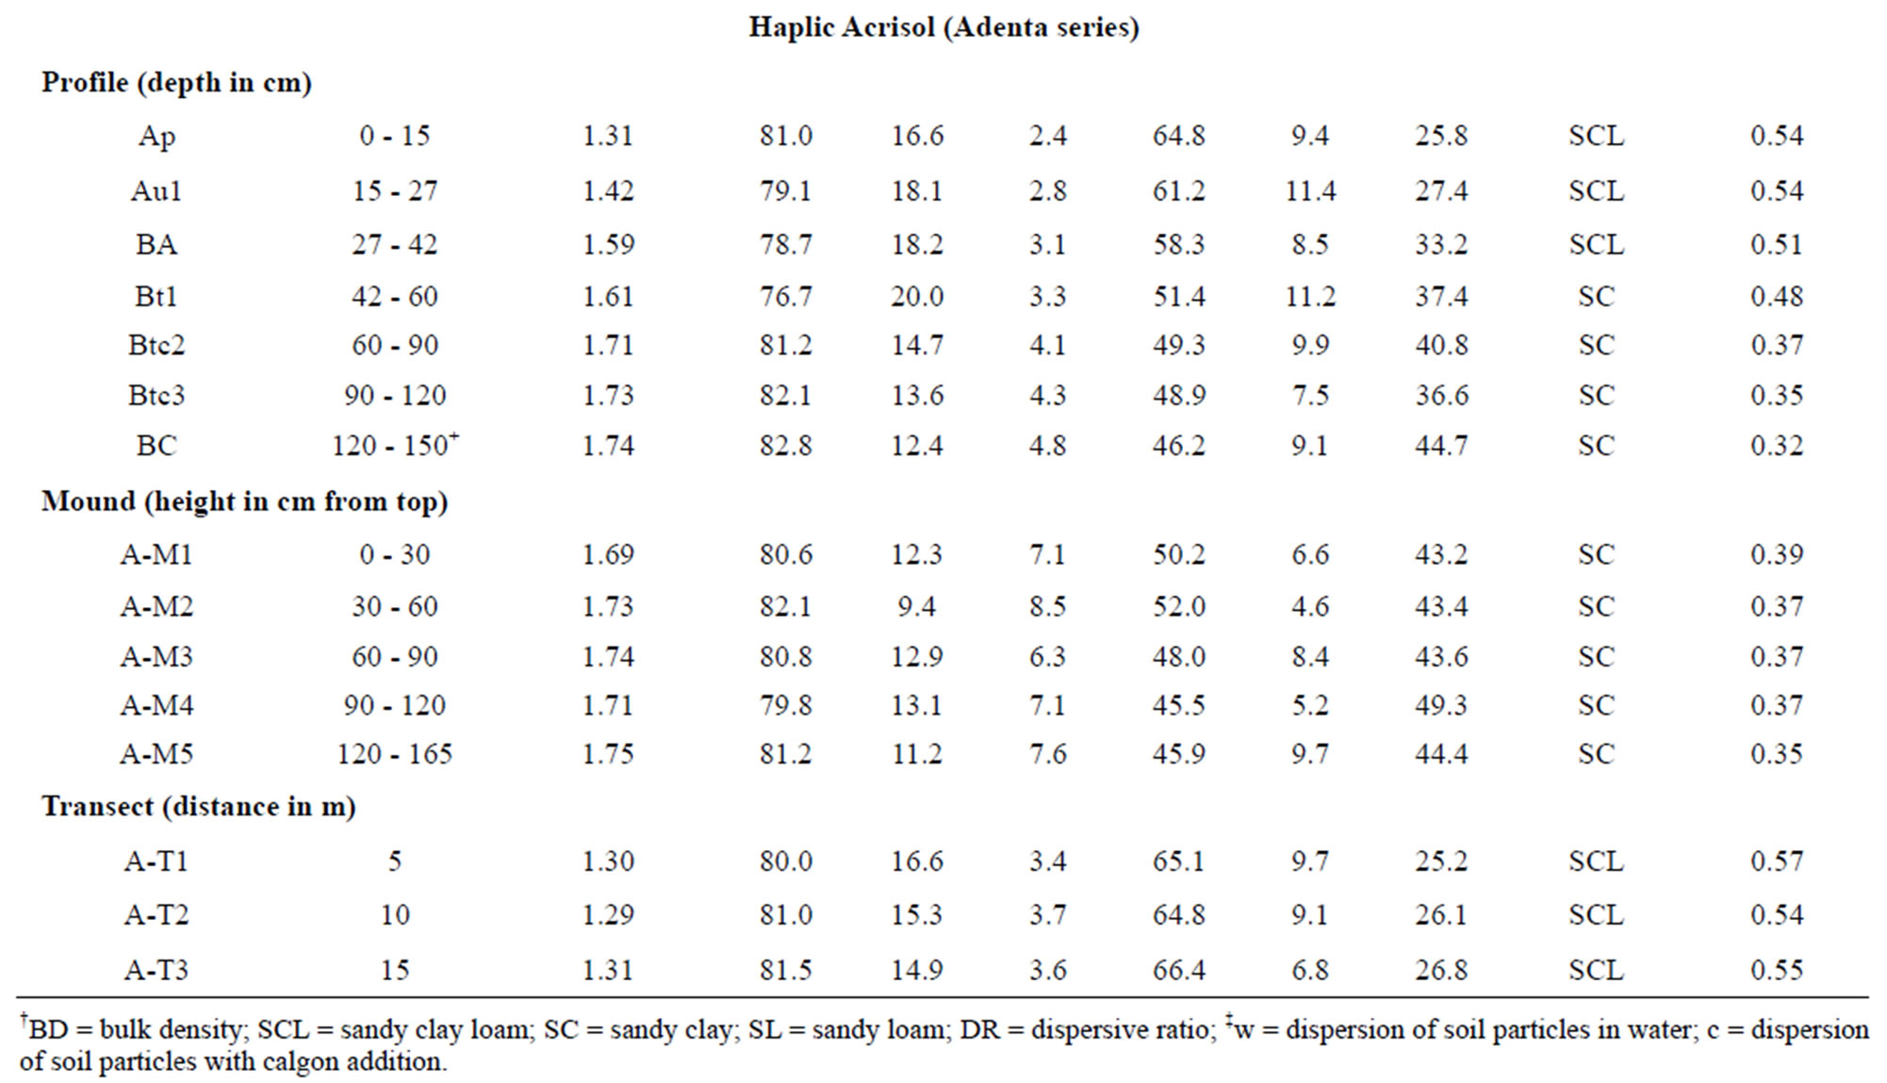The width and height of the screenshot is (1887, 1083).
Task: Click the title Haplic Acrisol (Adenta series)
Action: (x=943, y=27)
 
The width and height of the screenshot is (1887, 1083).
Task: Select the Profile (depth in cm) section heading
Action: (x=176, y=83)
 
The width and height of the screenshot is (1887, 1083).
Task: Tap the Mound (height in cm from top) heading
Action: (x=244, y=501)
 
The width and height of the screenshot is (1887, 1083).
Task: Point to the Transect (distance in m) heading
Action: (x=198, y=807)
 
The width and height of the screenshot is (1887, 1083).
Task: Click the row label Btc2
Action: (x=156, y=345)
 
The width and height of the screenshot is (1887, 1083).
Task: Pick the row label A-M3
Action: (x=156, y=657)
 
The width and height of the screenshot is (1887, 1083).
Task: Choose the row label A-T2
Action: (x=156, y=915)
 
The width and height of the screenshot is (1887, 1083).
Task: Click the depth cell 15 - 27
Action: (x=395, y=191)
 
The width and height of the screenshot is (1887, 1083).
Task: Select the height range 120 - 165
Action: (x=395, y=754)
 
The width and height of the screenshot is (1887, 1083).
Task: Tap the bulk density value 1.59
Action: (x=608, y=245)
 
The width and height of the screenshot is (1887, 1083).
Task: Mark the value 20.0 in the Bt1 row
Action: (x=917, y=297)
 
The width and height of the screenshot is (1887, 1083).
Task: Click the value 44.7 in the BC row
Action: (x=1441, y=446)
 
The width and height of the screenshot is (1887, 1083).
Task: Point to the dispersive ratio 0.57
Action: (x=1777, y=861)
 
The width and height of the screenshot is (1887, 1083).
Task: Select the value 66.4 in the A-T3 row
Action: (x=1179, y=971)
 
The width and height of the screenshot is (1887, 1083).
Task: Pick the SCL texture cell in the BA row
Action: (x=1596, y=245)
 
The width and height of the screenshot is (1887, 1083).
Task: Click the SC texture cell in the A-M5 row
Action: (x=1596, y=754)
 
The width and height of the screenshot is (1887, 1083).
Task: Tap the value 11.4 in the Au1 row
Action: (x=1310, y=191)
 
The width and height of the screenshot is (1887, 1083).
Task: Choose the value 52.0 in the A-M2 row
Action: (x=1179, y=607)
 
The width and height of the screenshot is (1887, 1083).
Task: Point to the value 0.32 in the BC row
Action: (x=1777, y=446)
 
